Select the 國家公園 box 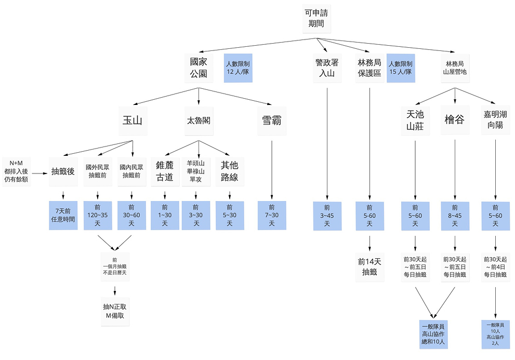(x=199, y=68)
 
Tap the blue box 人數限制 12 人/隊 (x=238, y=68)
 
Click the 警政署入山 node (x=327, y=68)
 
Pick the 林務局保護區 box (x=369, y=68)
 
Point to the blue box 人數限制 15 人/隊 (x=401, y=68)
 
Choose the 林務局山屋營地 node (x=454, y=68)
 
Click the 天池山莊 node (x=415, y=120)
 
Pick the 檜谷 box (x=455, y=120)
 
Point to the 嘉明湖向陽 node (x=495, y=120)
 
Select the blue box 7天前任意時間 (x=63, y=215)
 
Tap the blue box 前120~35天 (x=97, y=215)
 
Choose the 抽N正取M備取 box (x=114, y=311)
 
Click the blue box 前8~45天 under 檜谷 (x=455, y=216)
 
